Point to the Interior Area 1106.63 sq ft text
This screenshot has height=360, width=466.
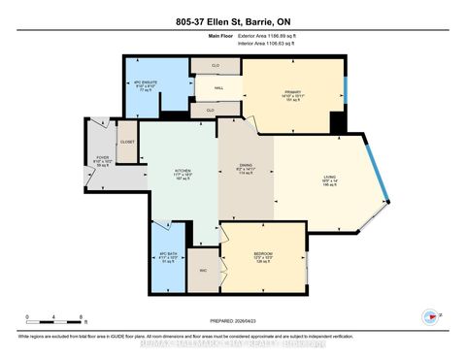tap(270, 45)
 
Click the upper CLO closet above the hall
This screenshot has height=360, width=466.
tap(216, 66)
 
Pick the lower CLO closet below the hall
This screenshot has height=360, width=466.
tap(209, 110)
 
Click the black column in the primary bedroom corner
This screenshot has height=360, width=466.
tap(337, 123)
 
